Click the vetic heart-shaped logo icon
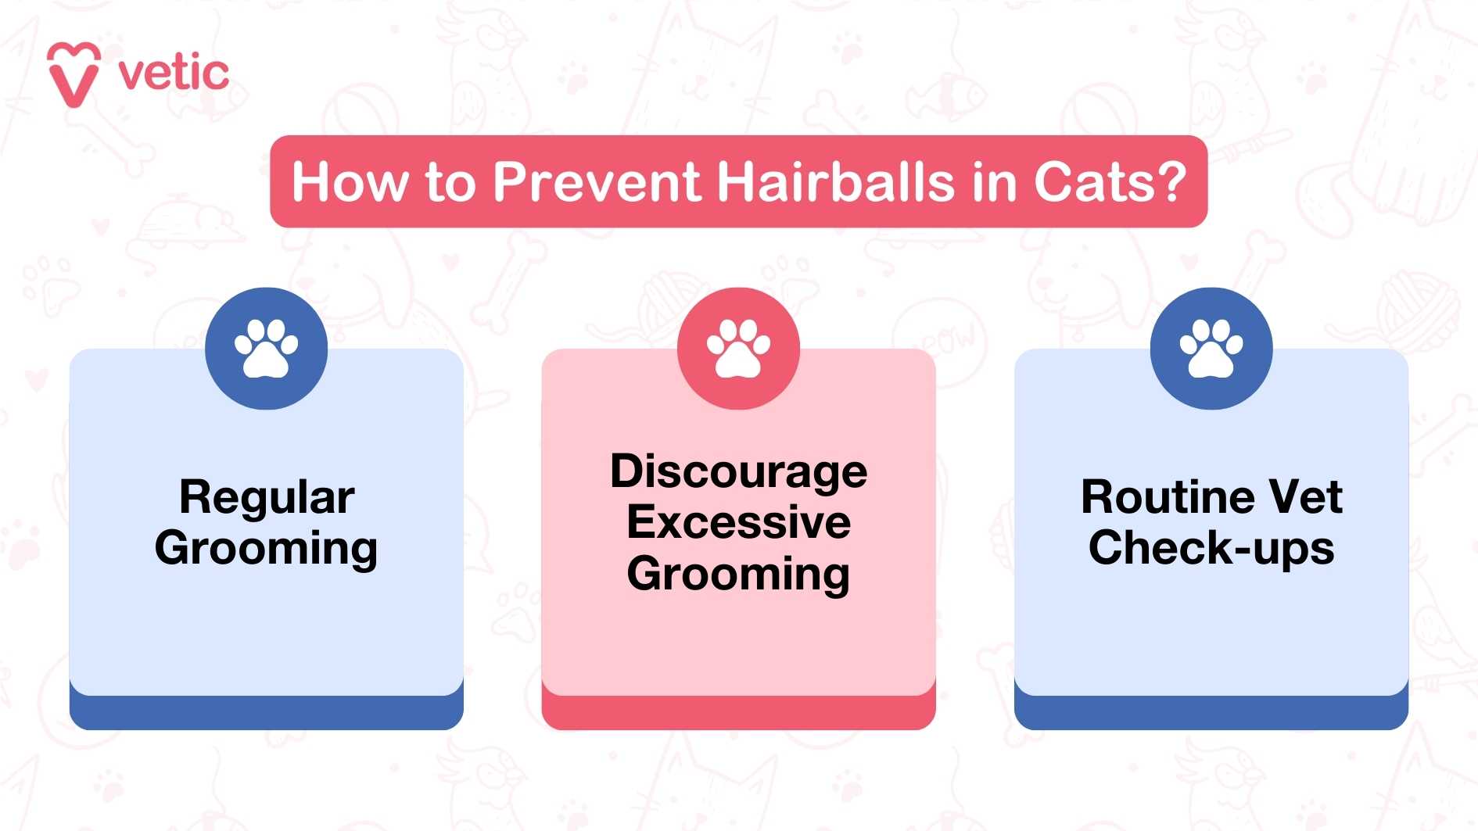tap(74, 74)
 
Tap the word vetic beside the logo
tap(174, 74)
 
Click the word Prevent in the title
tap(597, 182)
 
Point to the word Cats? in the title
tap(1110, 182)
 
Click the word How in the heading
tap(350, 182)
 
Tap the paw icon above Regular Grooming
tap(266, 349)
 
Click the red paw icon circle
tap(738, 349)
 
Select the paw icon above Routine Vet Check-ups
tap(1211, 349)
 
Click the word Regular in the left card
tap(267, 497)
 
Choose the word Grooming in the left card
tap(267, 549)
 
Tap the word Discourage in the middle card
tap(738, 471)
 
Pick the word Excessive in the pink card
tap(738, 522)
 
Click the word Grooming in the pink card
tap(738, 575)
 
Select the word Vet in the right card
tap(1306, 497)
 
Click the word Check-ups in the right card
tap(1211, 547)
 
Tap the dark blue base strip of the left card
tap(266, 713)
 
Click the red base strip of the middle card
tap(738, 713)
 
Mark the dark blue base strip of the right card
tap(1211, 713)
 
